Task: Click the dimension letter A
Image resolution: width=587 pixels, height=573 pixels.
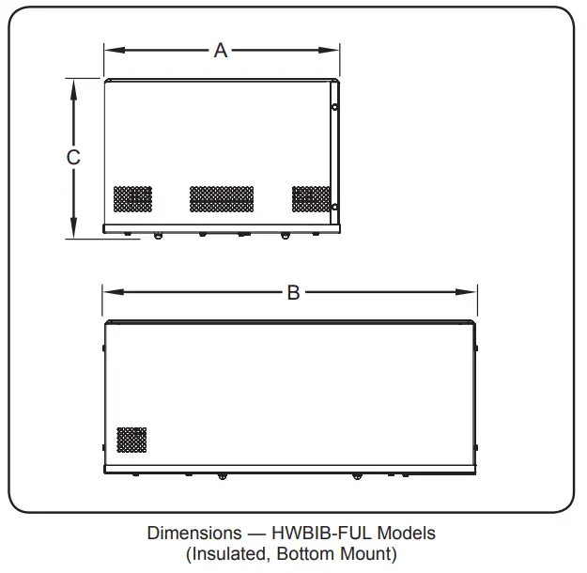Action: [221, 50]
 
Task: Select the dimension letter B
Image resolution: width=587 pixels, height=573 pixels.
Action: [293, 293]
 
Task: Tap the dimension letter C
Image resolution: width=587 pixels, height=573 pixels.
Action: [73, 158]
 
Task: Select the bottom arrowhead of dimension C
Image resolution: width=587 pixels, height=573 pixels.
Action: [73, 231]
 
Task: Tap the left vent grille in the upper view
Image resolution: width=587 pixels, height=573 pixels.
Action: [132, 198]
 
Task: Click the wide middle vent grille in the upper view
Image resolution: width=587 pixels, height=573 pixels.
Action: [222, 198]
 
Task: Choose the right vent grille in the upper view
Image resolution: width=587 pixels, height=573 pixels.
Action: [311, 198]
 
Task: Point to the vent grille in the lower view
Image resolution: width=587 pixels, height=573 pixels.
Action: [131, 439]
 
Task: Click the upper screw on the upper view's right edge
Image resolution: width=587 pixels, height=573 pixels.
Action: [335, 108]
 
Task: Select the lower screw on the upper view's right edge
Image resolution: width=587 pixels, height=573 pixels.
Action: [335, 207]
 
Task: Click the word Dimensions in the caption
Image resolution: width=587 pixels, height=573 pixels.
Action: [187, 534]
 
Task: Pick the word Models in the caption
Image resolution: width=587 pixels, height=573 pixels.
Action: [409, 534]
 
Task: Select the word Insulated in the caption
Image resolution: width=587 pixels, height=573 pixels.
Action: [228, 554]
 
